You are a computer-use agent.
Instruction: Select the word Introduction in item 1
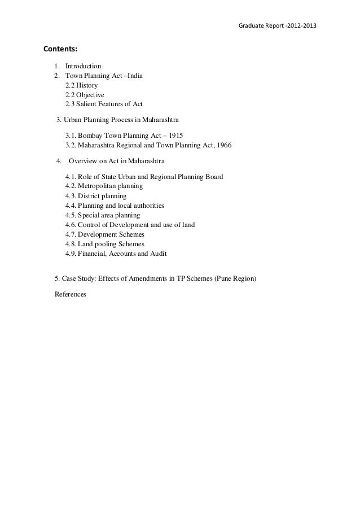[x=83, y=66]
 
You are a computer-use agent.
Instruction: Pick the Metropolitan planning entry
[x=104, y=186]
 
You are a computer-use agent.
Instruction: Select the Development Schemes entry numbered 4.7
[x=104, y=234]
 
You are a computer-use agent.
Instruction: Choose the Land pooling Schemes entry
[x=104, y=244]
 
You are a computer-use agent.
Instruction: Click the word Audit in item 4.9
[x=157, y=254]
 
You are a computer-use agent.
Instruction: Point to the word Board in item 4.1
[x=213, y=177]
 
